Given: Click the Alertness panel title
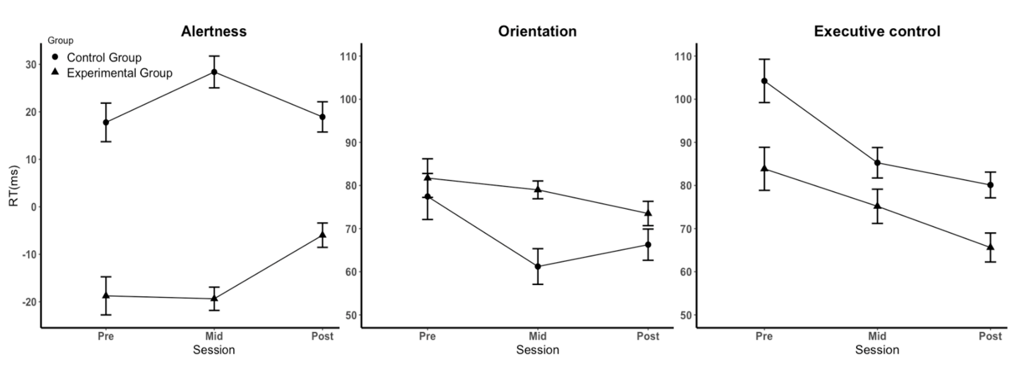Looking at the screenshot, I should (213, 31).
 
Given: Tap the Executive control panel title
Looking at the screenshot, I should (877, 31).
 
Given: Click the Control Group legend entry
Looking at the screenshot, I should (104, 58).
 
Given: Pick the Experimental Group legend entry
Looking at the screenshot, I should (119, 73).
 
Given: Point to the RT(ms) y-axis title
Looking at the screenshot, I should (14, 185).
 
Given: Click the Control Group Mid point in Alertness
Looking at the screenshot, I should (214, 72).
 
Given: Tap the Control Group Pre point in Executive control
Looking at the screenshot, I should (764, 81).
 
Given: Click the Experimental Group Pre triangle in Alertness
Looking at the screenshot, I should (106, 295).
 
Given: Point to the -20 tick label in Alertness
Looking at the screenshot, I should (29, 302).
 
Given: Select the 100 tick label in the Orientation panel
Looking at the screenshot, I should (348, 99).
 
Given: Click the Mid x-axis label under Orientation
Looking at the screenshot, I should (537, 336).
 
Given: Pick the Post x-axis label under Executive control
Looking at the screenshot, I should (990, 336).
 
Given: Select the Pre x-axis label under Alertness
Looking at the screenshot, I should (106, 336).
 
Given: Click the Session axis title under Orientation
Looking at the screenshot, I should (537, 350).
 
